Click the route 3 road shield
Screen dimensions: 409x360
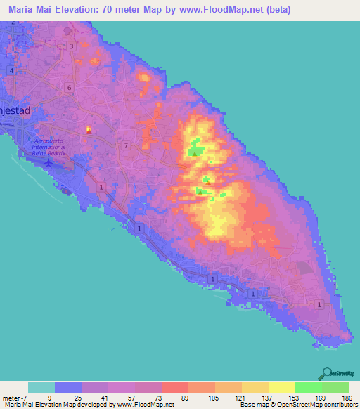tap(72, 46)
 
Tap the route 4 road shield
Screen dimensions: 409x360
tap(13, 72)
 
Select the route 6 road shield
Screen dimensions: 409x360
tap(69, 87)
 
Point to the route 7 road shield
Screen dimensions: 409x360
tap(126, 145)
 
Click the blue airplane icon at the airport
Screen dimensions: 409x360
tap(49, 162)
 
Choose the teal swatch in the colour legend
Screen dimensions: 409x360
tap(41, 387)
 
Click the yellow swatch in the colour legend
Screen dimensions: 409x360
tap(282, 387)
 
